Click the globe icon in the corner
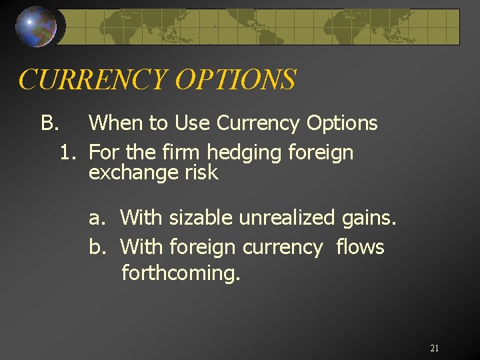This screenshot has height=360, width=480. pos(36,27)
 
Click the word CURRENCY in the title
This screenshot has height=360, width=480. pos(93,80)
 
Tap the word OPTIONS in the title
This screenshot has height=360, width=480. pos(235,80)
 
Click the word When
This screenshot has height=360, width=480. pos(116,123)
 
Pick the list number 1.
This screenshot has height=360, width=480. pos(67,153)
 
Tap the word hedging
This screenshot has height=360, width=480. pos(245,153)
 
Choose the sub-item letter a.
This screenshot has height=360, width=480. pos(97,218)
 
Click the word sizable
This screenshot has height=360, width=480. pos(198,218)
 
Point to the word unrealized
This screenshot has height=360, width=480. pos(288,218)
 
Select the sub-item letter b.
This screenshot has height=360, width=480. pos(97,247)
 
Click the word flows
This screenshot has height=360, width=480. pos(360,247)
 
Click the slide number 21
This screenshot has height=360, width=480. pos(434,348)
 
